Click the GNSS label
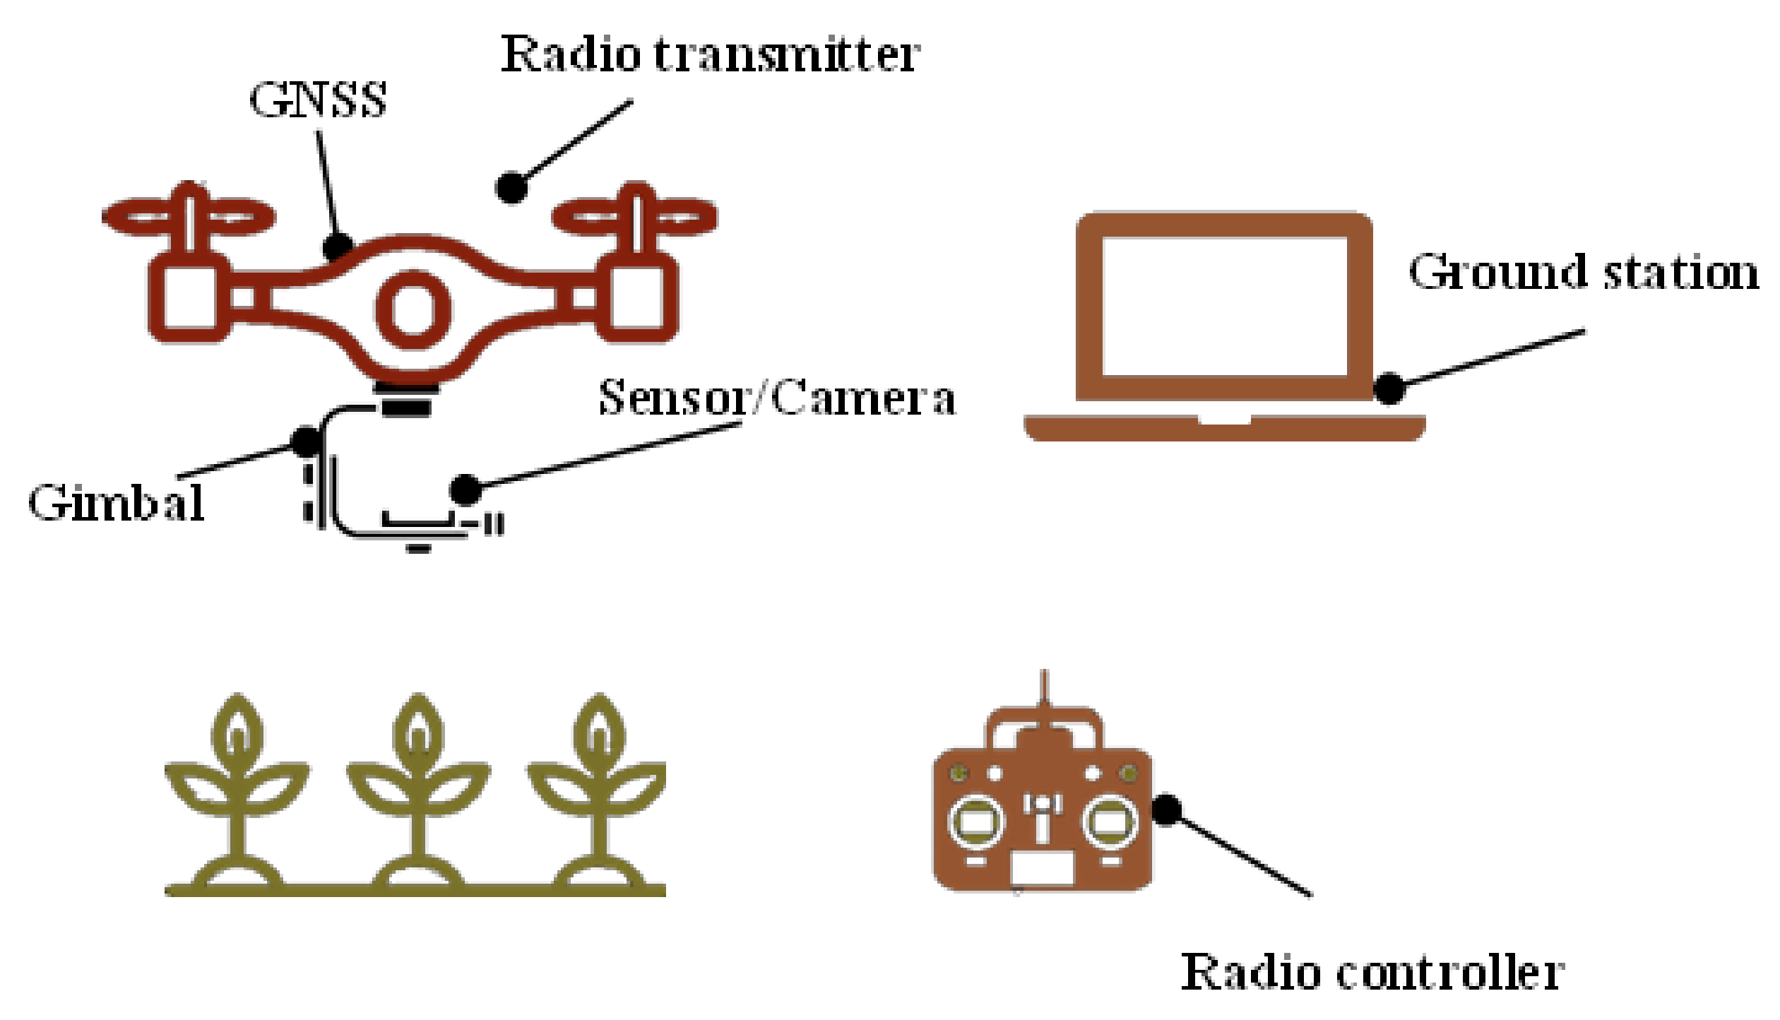tap(318, 100)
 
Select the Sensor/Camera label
tap(777, 398)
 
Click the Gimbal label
tap(117, 503)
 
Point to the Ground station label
tap(1582, 273)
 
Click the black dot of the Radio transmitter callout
tap(511, 187)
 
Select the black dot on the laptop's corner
tap(1389, 389)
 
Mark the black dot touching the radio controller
tap(1167, 810)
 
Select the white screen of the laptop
tap(1224, 307)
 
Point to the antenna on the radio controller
tap(1044, 692)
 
